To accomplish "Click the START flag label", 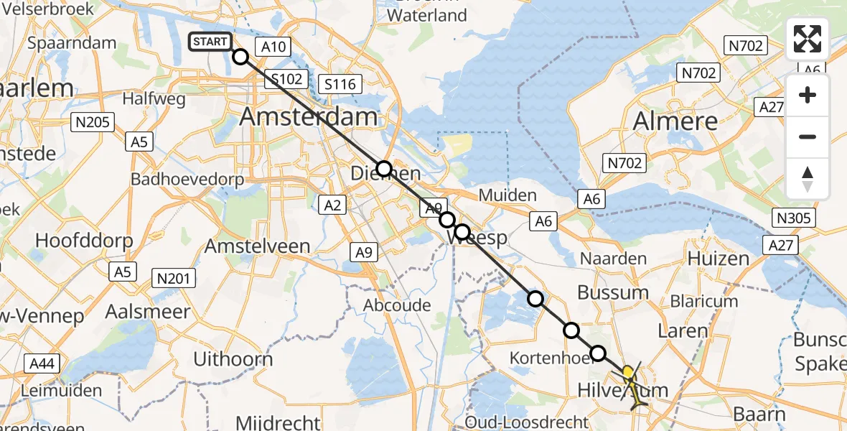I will pyautogui.click(x=210, y=42).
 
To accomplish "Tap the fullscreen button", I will pyautogui.click(x=808, y=39).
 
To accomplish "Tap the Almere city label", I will pyautogui.click(x=675, y=121).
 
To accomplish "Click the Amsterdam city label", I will pyautogui.click(x=309, y=116).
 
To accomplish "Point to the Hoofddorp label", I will pyautogui.click(x=82, y=241).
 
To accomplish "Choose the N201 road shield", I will pyautogui.click(x=174, y=278).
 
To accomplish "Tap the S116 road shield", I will pyautogui.click(x=340, y=84).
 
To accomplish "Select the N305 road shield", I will pyautogui.click(x=792, y=217).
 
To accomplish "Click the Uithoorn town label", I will pyautogui.click(x=233, y=359).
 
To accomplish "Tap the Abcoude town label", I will pyautogui.click(x=397, y=305).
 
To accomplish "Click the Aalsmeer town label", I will pyautogui.click(x=148, y=312).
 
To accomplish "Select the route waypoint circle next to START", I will pyautogui.click(x=240, y=56).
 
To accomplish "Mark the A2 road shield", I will pyautogui.click(x=332, y=205).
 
